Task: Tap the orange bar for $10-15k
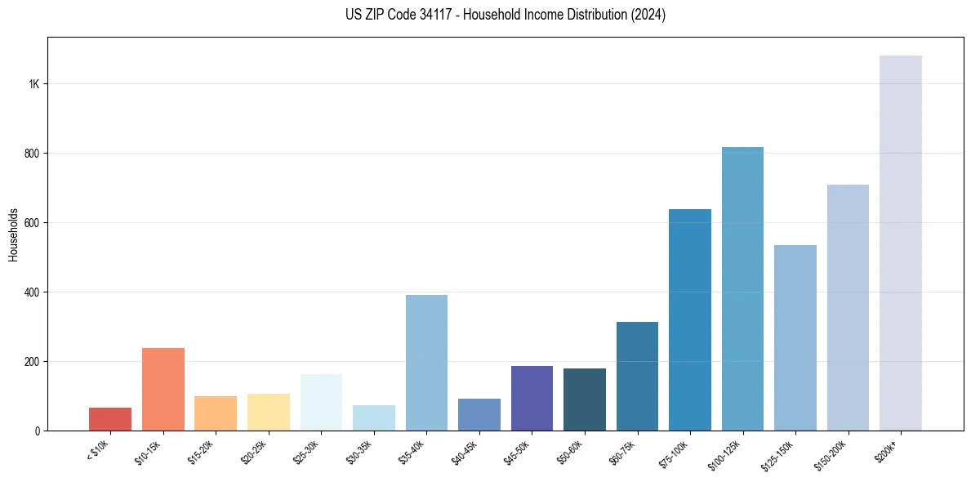tap(163, 390)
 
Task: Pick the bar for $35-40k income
tap(426, 363)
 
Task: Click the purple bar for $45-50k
tap(532, 399)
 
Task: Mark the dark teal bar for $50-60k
tap(585, 399)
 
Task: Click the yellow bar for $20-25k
tap(268, 413)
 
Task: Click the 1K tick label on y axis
tap(33, 84)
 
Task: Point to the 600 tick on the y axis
tap(32, 223)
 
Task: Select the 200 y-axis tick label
tap(32, 362)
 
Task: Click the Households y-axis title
tap(14, 234)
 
